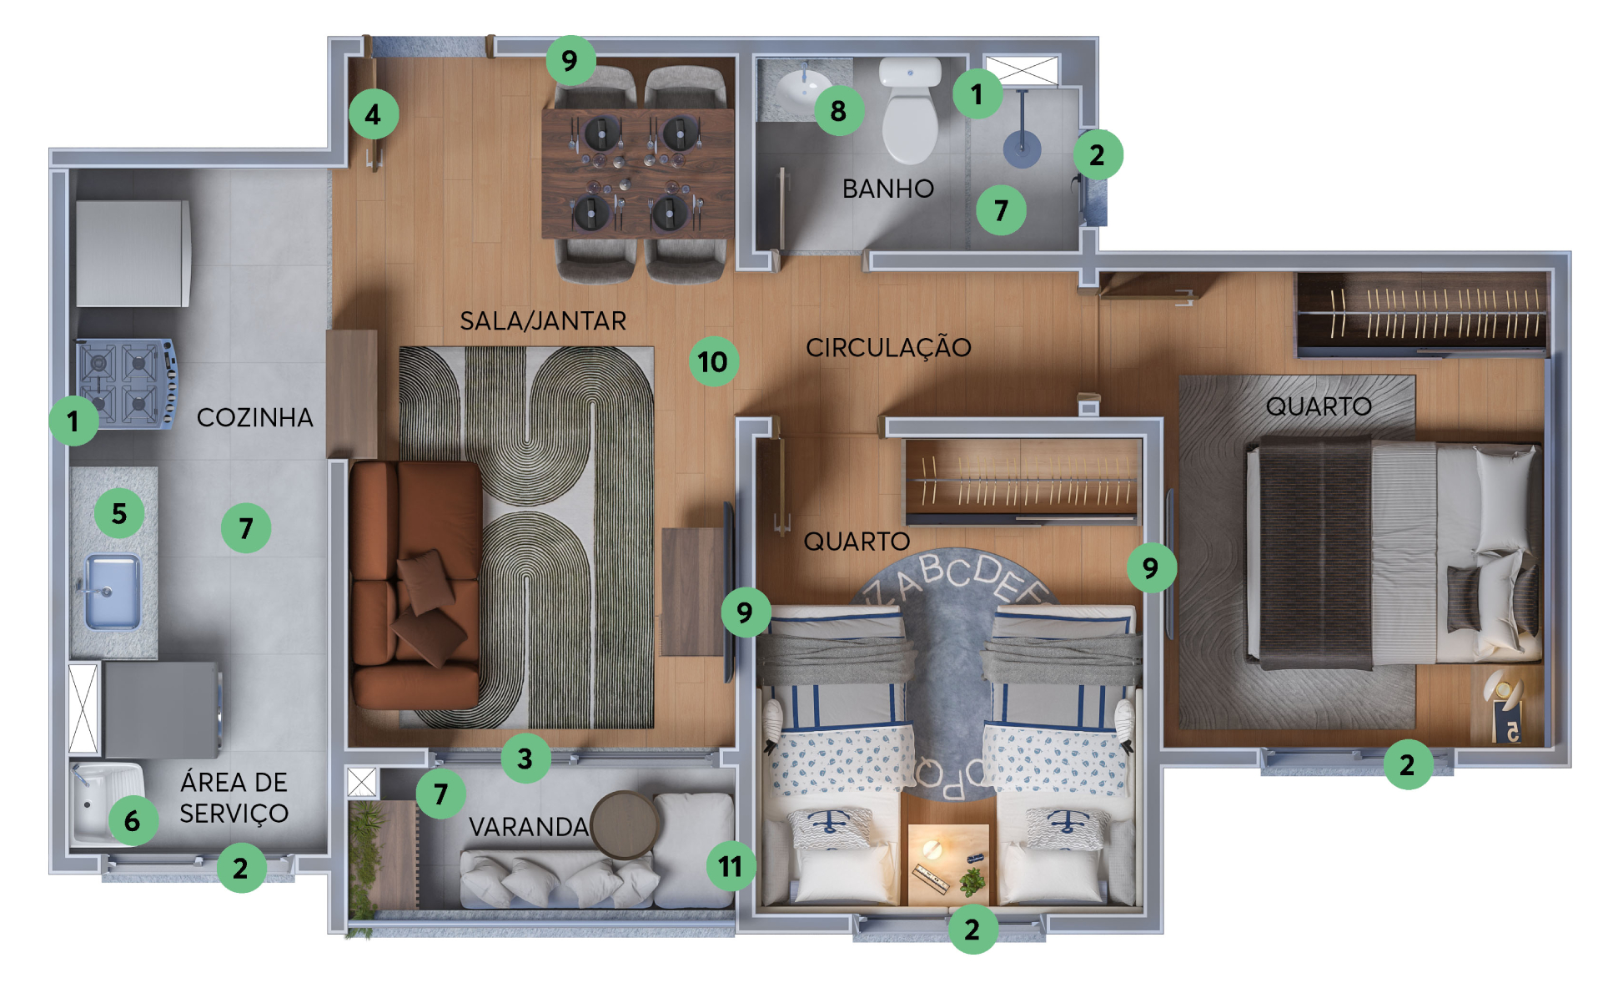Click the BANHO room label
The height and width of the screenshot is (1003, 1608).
[887, 189]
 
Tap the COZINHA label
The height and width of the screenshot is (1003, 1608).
[254, 417]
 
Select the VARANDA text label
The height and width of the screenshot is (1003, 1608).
[529, 827]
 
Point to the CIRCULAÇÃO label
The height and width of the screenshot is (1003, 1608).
[888, 347]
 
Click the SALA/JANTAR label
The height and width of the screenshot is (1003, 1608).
[543, 320]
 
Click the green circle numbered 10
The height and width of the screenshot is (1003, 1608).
[713, 361]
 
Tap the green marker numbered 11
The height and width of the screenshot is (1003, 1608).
[731, 866]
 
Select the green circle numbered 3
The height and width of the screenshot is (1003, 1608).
[525, 758]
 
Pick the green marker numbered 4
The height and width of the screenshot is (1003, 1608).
[373, 113]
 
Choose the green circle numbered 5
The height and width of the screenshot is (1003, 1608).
[119, 513]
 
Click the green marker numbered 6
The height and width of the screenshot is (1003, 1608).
[133, 821]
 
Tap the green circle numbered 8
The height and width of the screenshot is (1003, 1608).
[838, 110]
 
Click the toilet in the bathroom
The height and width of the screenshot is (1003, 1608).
[911, 109]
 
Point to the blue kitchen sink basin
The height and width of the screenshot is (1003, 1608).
[113, 592]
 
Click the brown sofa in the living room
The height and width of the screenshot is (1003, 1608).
[415, 585]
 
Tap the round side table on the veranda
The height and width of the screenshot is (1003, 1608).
[625, 824]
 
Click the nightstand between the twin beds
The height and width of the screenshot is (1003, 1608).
[948, 864]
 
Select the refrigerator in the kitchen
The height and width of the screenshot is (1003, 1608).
[133, 253]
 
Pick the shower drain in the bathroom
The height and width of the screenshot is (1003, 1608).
[1022, 149]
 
